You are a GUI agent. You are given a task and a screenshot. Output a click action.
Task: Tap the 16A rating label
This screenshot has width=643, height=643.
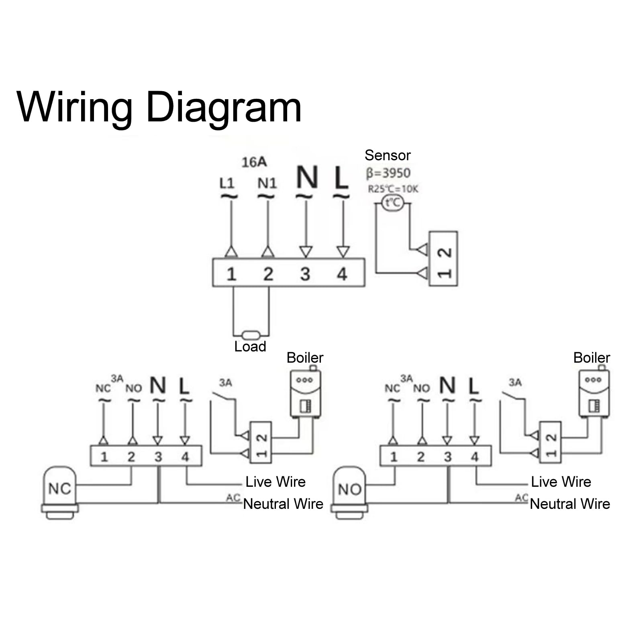click(x=254, y=162)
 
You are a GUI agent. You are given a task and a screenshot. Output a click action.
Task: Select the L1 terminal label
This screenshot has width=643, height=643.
click(x=227, y=183)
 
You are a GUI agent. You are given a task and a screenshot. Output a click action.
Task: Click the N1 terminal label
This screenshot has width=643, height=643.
click(x=267, y=183)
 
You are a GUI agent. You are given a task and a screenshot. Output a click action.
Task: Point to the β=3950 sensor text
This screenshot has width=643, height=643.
click(x=388, y=173)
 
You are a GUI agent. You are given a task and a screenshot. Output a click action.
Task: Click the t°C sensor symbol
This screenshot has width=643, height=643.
click(x=392, y=202)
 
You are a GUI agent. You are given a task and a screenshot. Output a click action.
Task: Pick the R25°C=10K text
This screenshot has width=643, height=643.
click(x=393, y=189)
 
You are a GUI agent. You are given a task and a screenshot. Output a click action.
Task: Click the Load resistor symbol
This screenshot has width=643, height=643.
click(x=251, y=334)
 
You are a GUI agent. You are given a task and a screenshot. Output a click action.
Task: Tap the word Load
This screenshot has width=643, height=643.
click(x=250, y=347)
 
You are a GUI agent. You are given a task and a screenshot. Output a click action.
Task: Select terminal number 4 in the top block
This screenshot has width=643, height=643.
click(x=342, y=274)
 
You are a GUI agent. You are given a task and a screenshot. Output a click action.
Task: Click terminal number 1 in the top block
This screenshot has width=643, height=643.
click(x=231, y=274)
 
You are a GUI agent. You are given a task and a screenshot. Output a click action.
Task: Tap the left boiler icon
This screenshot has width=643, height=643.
click(x=306, y=393)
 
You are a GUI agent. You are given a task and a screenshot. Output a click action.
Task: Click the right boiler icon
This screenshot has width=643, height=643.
click(x=594, y=393)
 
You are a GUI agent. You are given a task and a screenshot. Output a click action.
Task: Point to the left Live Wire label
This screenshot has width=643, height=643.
click(x=276, y=482)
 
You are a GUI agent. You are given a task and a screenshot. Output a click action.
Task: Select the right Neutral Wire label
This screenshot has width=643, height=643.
click(x=570, y=504)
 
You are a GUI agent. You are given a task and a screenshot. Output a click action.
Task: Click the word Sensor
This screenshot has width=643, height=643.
click(x=388, y=155)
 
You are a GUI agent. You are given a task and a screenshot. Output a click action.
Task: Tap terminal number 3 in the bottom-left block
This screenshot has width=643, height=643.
click(x=158, y=457)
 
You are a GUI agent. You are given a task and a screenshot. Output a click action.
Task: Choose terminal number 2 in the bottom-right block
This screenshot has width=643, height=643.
click(x=421, y=457)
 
